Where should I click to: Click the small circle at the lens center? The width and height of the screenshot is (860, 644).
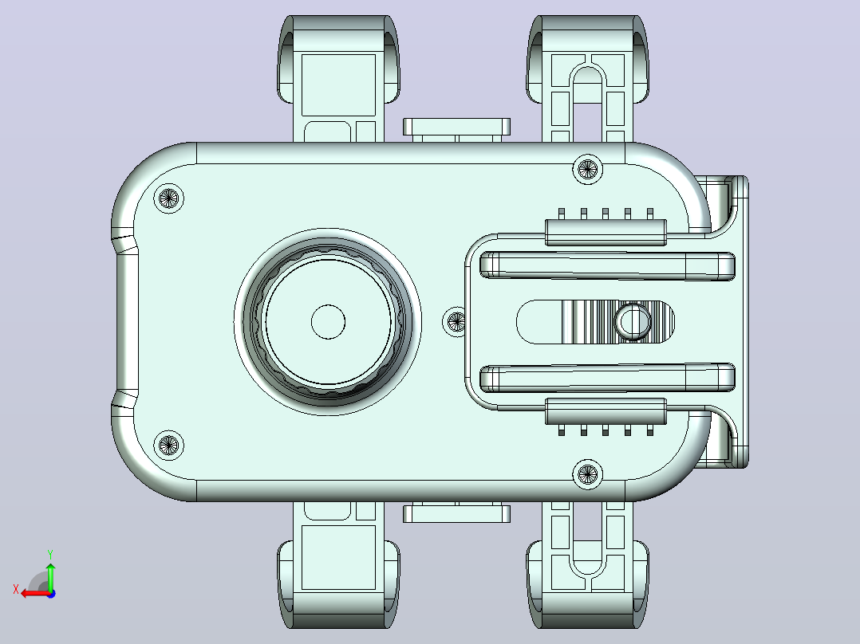(328, 322)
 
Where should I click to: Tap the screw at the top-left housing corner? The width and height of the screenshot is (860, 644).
(168, 198)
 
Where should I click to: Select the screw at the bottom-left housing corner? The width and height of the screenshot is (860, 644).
(168, 445)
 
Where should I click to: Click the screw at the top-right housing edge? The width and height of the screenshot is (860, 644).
(587, 169)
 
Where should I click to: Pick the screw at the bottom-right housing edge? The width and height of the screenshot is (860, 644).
(587, 474)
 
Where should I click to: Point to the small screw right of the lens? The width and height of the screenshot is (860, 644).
(456, 322)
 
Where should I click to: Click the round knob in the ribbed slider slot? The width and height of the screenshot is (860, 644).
(633, 322)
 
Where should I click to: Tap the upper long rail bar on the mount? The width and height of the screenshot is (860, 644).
(607, 266)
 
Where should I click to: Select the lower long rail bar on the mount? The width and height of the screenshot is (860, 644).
(607, 378)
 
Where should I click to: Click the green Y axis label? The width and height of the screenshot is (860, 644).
(50, 555)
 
